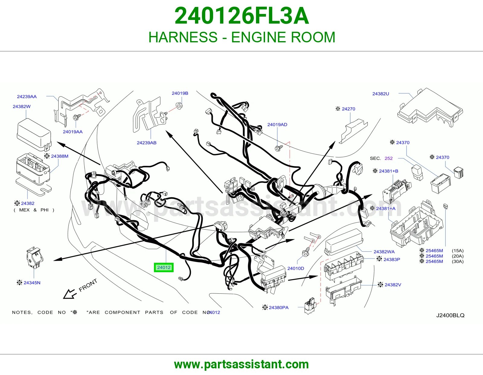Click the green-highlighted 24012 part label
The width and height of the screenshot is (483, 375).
tap(164, 267)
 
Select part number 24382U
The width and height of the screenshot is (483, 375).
tap(381, 94)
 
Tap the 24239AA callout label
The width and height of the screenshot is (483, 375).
tap(27, 96)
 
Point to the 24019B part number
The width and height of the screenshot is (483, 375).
tap(180, 93)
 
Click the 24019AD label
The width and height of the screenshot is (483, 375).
tap(277, 125)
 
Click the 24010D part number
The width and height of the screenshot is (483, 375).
tap(296, 268)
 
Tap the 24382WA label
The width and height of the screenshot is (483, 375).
tap(384, 252)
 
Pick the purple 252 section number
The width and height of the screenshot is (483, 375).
tap(389, 158)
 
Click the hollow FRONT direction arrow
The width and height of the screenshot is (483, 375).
tap(70, 294)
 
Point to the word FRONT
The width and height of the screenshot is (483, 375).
tap(88, 285)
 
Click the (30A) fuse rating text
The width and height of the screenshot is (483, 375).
tap(458, 261)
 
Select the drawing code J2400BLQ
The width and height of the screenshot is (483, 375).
tap(450, 315)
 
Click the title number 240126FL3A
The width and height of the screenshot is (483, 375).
tap(241, 16)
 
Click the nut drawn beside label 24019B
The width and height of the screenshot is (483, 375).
tap(179, 106)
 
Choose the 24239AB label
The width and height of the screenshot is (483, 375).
tap(146, 143)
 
